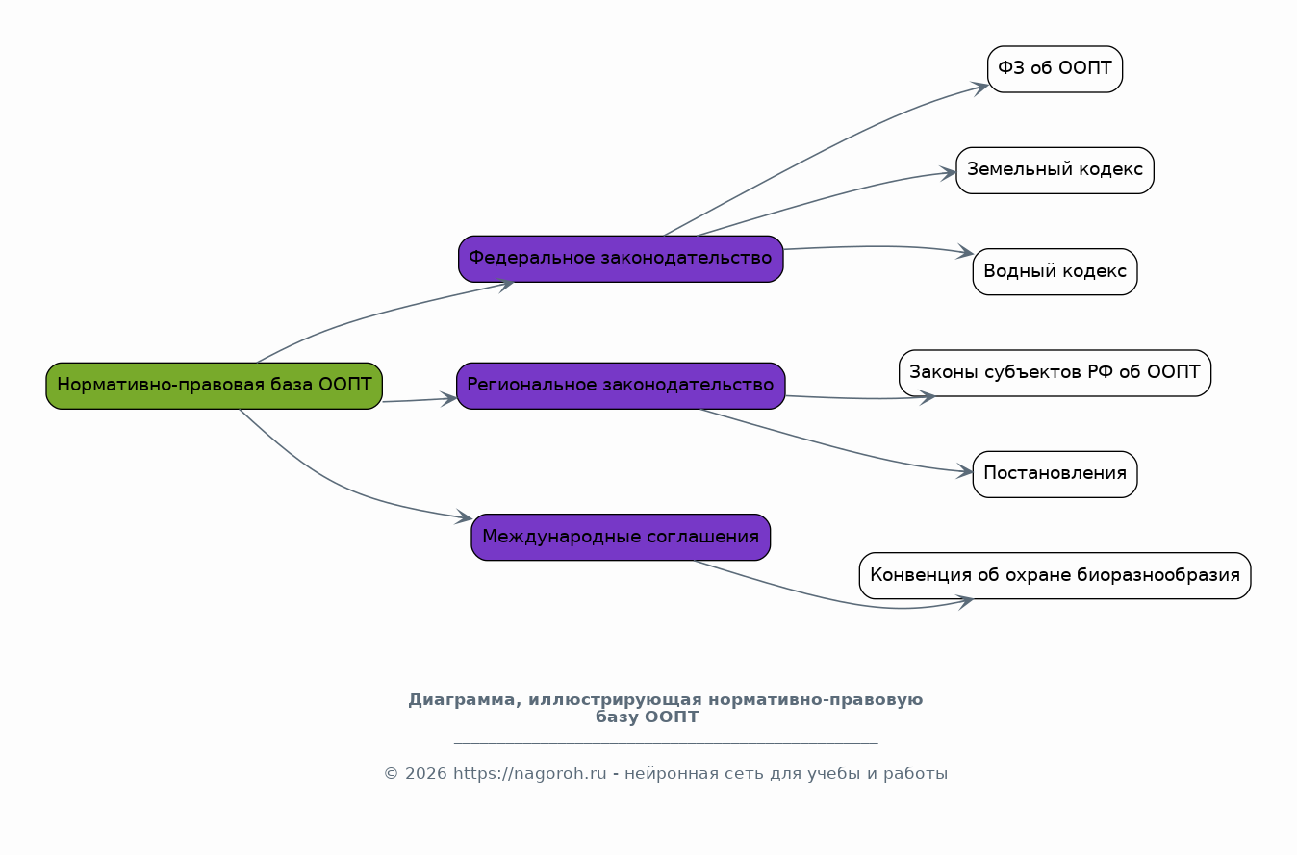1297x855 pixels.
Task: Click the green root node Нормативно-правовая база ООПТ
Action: click(215, 386)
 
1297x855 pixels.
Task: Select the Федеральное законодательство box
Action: click(621, 259)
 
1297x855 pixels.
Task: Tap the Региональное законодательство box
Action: click(621, 386)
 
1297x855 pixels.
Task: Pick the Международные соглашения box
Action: click(621, 538)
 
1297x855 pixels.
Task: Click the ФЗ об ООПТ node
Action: click(1055, 69)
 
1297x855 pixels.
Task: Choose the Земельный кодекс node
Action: click(1055, 170)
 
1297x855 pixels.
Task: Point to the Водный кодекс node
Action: click(1055, 271)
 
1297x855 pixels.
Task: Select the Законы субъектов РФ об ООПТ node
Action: click(1055, 373)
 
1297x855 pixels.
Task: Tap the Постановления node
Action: click(1055, 474)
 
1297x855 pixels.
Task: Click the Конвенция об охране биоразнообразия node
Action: click(1055, 575)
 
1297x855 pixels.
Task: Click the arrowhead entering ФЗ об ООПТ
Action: click(980, 88)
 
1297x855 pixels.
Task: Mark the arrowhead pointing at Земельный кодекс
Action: click(949, 173)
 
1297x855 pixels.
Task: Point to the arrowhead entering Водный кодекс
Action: click(965, 252)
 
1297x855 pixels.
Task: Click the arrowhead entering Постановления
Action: click(965, 472)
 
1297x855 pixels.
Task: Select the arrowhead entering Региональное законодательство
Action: click(448, 399)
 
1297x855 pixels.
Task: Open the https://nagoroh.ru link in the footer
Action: click(530, 774)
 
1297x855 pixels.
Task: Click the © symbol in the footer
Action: click(391, 774)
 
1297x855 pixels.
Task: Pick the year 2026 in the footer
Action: click(426, 774)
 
